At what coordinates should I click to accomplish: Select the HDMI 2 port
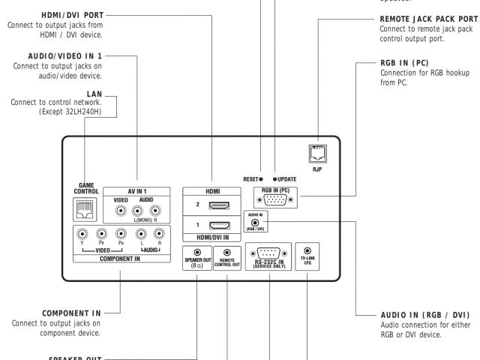pos(214,205)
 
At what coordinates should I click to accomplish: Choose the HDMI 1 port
pos(214,225)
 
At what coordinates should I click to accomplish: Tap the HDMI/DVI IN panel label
pos(214,237)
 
